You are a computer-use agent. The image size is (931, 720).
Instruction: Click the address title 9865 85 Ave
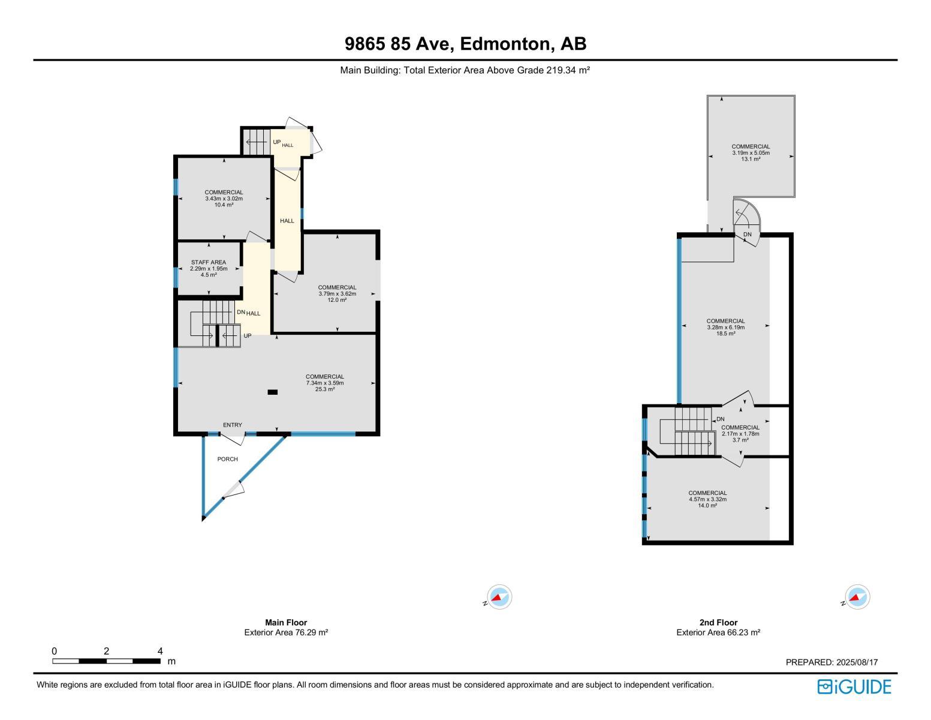(x=465, y=44)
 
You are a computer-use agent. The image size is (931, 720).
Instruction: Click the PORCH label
(x=227, y=459)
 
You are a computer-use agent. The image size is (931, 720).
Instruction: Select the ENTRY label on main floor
(x=233, y=425)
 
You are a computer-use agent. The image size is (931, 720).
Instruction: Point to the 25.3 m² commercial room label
(x=325, y=383)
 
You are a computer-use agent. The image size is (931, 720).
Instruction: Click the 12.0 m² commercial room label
(x=337, y=293)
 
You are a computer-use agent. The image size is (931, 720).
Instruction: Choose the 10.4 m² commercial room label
(x=224, y=199)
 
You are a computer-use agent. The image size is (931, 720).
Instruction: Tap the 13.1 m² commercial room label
(x=751, y=152)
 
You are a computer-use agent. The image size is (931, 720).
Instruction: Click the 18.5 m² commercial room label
(x=725, y=327)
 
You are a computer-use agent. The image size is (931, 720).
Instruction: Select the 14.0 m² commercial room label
(x=707, y=499)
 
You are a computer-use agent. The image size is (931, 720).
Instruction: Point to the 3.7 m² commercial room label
(x=740, y=434)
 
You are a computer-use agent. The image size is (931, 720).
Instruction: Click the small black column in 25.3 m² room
(x=272, y=392)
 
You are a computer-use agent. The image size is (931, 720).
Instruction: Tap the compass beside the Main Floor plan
(x=499, y=597)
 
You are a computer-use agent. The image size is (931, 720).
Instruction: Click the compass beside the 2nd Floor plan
(x=857, y=597)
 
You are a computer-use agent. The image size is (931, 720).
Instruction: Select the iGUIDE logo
(x=854, y=686)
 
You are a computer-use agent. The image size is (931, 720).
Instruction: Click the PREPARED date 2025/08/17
(x=831, y=662)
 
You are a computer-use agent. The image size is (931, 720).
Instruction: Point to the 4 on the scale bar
(x=160, y=651)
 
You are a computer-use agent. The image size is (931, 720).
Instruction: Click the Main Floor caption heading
(x=286, y=622)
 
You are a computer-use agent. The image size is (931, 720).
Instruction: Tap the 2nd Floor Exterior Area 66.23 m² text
(x=718, y=632)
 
